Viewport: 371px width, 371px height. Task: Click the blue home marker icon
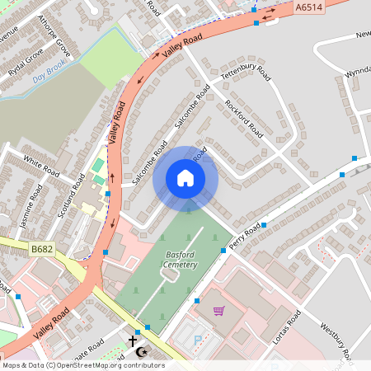pyautogui.click(x=185, y=178)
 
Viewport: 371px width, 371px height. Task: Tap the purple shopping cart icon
pyautogui.click(x=218, y=311)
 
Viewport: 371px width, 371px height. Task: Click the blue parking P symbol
pyautogui.click(x=196, y=340)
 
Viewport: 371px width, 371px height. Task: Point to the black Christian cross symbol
pyautogui.click(x=133, y=340)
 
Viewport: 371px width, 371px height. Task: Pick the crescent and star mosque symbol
pyautogui.click(x=142, y=352)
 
